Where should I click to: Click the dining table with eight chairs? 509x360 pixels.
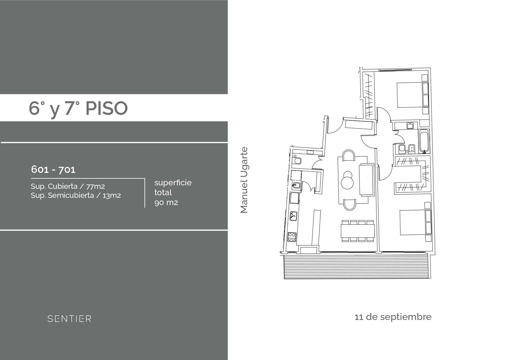358,231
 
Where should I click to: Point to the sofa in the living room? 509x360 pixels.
366,180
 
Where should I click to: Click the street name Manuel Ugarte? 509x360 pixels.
244,180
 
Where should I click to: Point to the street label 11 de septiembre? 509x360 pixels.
393,317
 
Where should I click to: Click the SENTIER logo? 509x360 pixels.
69,319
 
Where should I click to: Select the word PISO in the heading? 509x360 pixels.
107,108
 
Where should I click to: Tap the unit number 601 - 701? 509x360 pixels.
53,169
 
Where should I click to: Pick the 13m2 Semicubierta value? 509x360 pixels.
112,196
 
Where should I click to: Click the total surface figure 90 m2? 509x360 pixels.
166,202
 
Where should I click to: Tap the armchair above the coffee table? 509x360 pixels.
348,155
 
